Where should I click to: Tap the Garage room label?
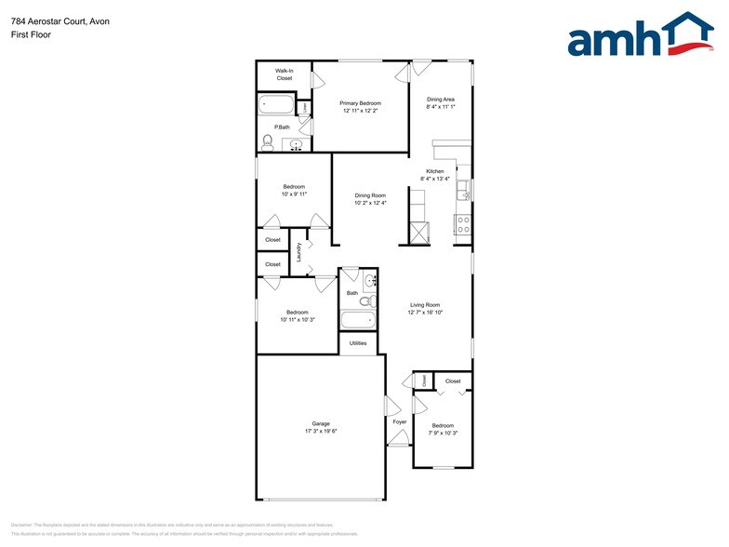[321, 423]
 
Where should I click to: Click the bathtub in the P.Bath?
[276, 105]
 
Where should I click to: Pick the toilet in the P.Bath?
[268, 142]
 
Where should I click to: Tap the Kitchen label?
[435, 171]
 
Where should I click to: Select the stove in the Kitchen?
[462, 224]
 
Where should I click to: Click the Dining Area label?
[440, 99]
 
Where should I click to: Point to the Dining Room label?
[370, 195]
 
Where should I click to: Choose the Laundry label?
[298, 252]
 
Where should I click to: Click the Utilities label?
[358, 343]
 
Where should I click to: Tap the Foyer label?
[400, 422]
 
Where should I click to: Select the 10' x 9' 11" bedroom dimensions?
[294, 194]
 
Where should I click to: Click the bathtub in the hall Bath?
[358, 321]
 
